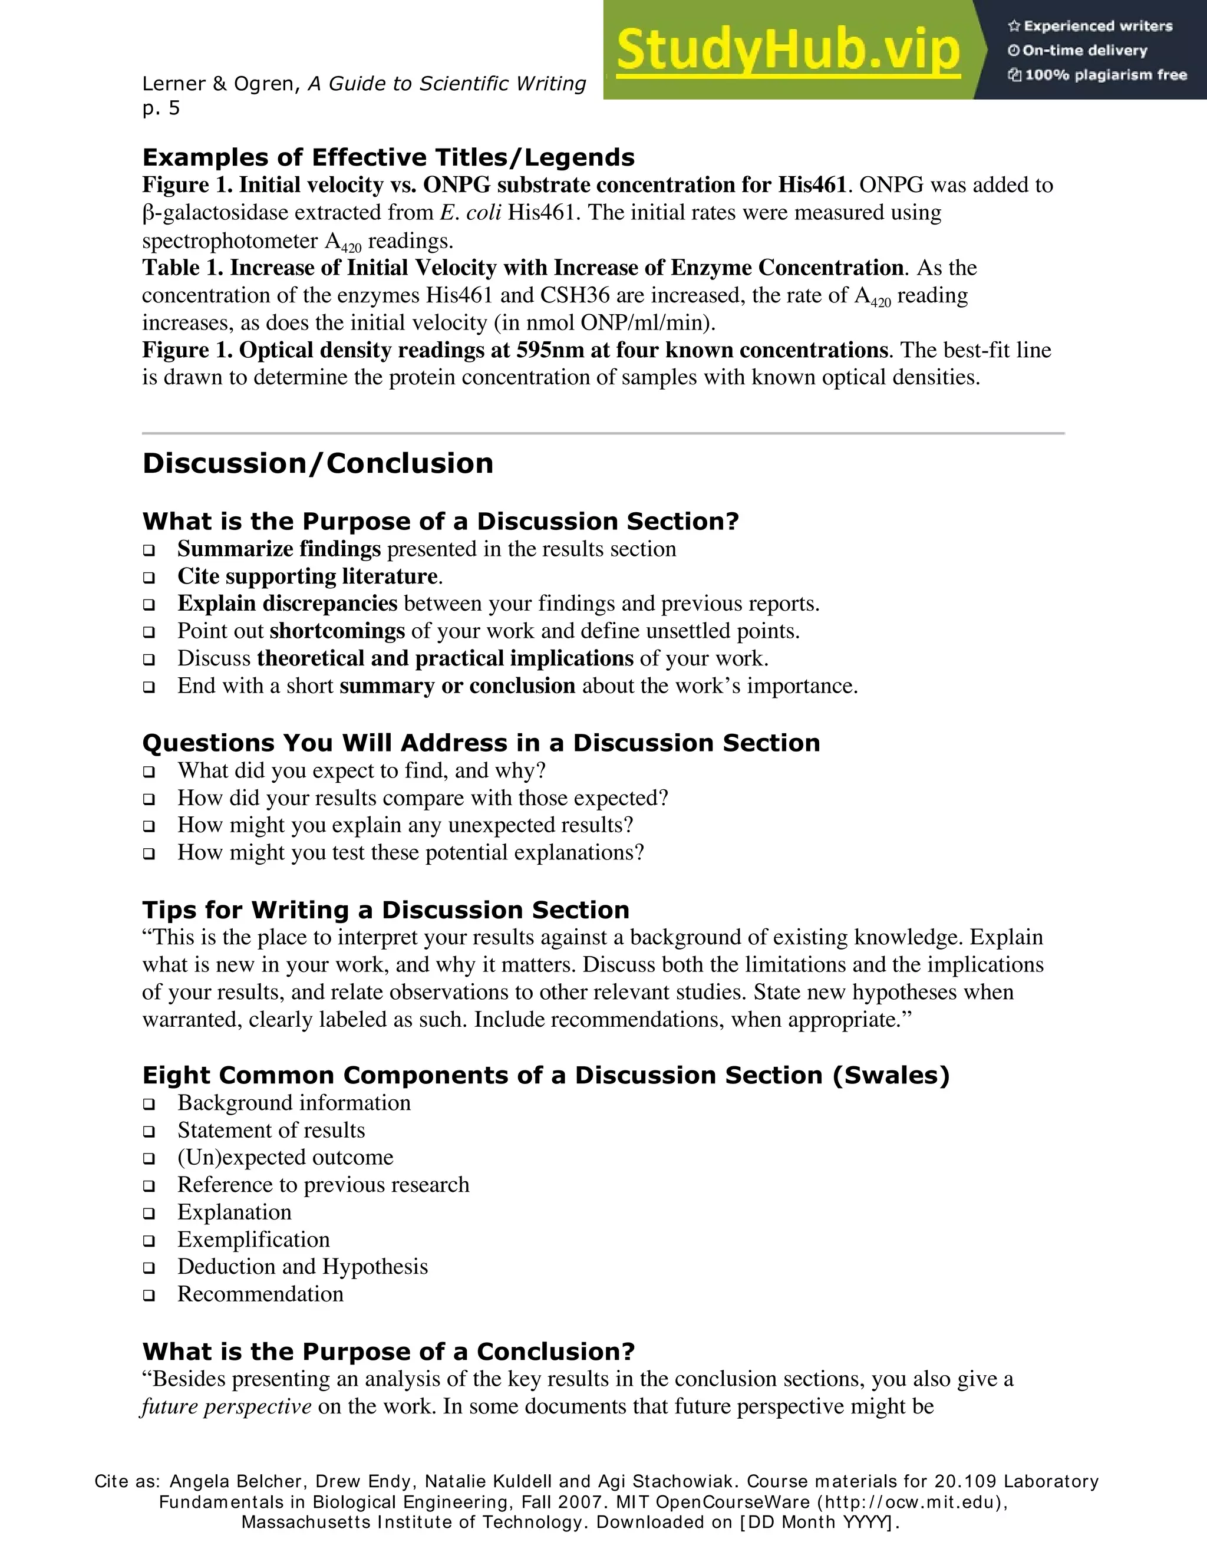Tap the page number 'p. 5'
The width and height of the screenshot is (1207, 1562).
pos(161,108)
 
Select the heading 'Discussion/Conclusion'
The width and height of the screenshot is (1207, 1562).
pos(318,463)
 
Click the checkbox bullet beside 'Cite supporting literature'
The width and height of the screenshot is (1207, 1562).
pos(149,577)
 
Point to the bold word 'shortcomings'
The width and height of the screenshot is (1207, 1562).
pos(338,631)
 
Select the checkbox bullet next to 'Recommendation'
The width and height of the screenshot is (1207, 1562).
pos(149,1294)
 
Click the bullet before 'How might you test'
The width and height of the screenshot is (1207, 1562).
pos(149,854)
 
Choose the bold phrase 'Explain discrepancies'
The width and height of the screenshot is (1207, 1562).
pos(287,604)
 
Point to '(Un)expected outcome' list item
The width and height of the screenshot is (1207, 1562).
pos(285,1157)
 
